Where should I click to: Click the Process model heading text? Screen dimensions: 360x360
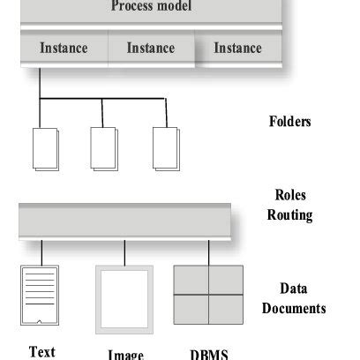(x=151, y=7)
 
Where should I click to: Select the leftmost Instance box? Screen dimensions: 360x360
(x=64, y=49)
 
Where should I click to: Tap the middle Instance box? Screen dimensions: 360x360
(x=150, y=49)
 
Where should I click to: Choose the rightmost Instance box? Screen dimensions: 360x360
(x=237, y=49)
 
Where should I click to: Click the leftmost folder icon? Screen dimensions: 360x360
(x=44, y=149)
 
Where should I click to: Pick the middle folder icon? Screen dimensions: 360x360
(x=104, y=149)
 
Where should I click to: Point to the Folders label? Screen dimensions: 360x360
(x=289, y=122)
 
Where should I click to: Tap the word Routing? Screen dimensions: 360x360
(x=290, y=214)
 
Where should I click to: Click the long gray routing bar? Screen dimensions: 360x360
(x=124, y=221)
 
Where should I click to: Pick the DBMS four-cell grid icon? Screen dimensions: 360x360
(x=207, y=295)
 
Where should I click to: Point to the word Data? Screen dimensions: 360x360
(x=293, y=289)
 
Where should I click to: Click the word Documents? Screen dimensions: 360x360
(x=294, y=308)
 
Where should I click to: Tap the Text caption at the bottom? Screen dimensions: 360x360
(x=42, y=352)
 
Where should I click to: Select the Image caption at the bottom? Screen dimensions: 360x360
(x=125, y=355)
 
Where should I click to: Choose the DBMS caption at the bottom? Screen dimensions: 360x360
(x=208, y=355)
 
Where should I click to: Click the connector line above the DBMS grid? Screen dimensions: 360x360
(x=208, y=252)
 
